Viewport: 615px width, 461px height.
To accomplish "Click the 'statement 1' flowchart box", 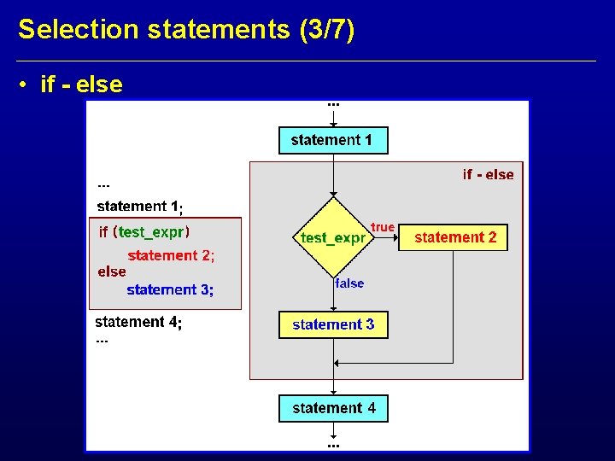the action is pos(333,140).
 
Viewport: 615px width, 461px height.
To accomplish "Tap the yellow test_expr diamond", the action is pos(333,237).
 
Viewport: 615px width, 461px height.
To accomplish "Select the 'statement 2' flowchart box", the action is pos(454,237).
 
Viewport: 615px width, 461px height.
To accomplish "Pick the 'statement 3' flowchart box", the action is pos(333,324).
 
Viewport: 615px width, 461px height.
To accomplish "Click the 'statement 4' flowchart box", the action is pos(333,408).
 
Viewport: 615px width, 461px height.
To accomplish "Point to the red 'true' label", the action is pos(383,227).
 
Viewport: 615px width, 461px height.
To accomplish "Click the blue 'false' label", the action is pos(349,283).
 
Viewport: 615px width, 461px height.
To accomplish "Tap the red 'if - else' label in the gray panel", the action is pos(488,175).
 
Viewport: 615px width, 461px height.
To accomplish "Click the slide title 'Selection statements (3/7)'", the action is pos(186,30).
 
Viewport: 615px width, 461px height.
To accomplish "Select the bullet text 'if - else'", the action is pos(81,85).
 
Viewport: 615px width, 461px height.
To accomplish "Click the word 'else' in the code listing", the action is pos(112,271).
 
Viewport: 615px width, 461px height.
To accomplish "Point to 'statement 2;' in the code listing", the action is pos(171,255).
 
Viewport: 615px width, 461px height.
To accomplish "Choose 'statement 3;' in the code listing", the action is pos(170,290).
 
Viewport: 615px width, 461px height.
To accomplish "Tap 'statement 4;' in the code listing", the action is pos(138,322).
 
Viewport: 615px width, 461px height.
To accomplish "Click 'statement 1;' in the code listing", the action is pos(140,206).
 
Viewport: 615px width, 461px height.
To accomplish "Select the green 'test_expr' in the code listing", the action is pos(151,232).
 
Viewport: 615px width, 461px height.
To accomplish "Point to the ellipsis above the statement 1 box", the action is pos(333,104).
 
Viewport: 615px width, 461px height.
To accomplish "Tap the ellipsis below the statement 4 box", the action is pos(333,445).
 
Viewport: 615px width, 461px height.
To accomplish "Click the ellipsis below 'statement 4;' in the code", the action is pos(102,341).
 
